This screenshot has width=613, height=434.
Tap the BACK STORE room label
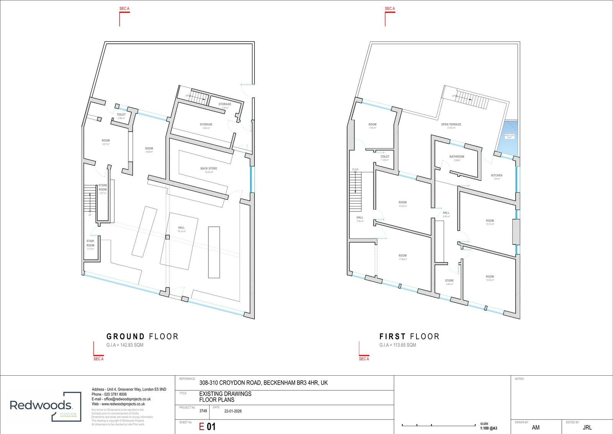point(208,169)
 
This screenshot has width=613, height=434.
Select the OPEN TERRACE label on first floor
point(451,125)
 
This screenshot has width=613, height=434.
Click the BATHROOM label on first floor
point(457,157)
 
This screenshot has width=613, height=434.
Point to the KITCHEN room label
point(496,176)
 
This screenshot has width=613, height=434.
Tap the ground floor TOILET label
point(121,115)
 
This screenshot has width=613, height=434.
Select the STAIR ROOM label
point(90,243)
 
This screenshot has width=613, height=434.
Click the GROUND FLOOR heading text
point(143,337)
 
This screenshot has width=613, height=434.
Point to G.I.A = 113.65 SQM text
point(397,345)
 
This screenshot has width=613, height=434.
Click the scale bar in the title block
point(438,425)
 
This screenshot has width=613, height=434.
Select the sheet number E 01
point(207,427)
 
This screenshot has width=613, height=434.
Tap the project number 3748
point(203,411)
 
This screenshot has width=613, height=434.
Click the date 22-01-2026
point(233,411)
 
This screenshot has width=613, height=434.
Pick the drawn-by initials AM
point(536,427)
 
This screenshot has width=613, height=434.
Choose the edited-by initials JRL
point(587,427)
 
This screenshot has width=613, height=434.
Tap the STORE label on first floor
point(449,281)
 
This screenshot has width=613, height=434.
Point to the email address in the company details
point(121,399)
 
